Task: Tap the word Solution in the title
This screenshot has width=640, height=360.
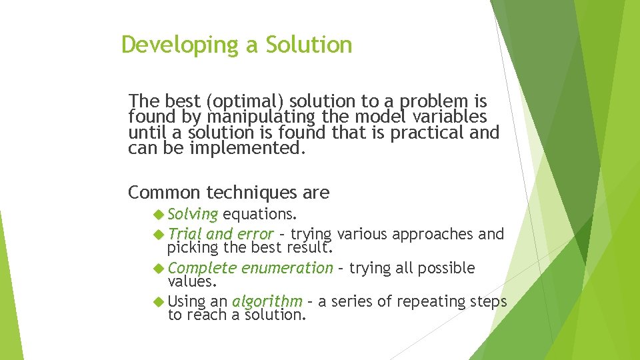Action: (309, 45)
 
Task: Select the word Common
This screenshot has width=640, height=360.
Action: (164, 193)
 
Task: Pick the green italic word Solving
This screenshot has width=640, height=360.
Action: (193, 215)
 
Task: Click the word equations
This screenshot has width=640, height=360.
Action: (260, 215)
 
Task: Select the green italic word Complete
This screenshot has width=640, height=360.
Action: (202, 268)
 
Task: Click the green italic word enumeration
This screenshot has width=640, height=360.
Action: (287, 268)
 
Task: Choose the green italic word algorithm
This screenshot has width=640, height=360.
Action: (267, 301)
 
